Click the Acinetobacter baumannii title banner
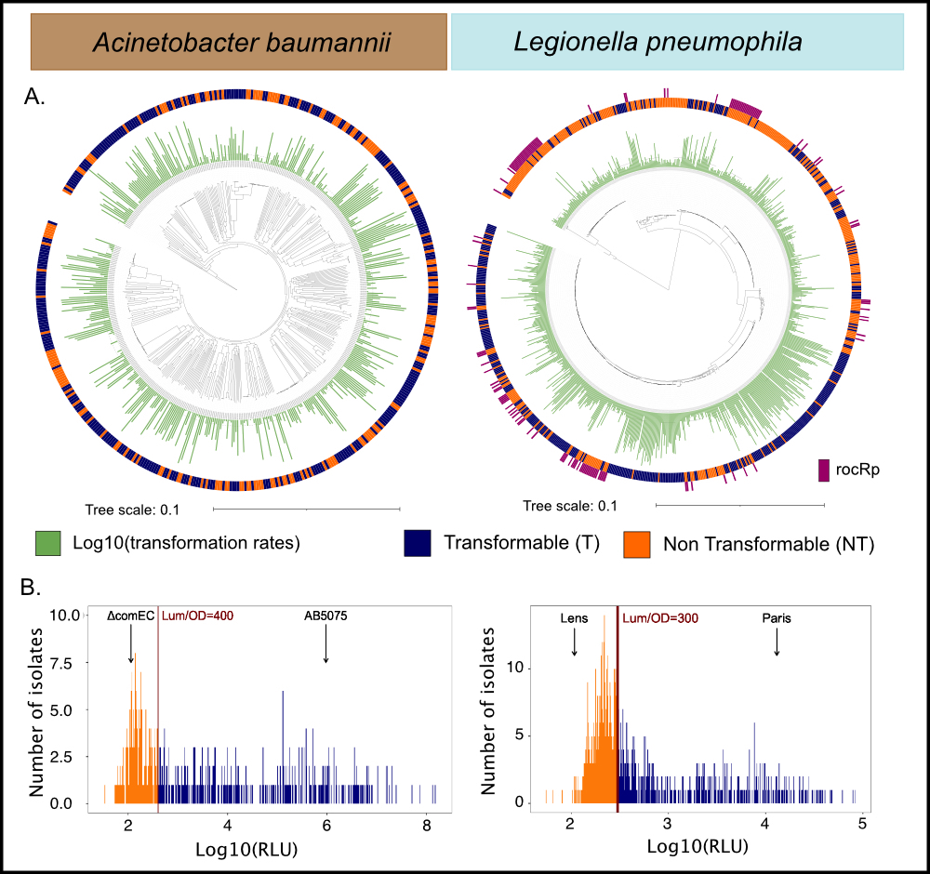tap(239, 43)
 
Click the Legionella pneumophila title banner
tap(677, 43)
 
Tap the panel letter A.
tap(34, 97)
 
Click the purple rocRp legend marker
tap(823, 470)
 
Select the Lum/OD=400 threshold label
tap(198, 616)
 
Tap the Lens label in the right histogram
tap(574, 616)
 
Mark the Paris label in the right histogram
tap(776, 616)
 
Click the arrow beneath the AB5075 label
tap(325, 646)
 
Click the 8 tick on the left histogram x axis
tap(426, 824)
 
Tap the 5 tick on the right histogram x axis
tap(862, 824)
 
